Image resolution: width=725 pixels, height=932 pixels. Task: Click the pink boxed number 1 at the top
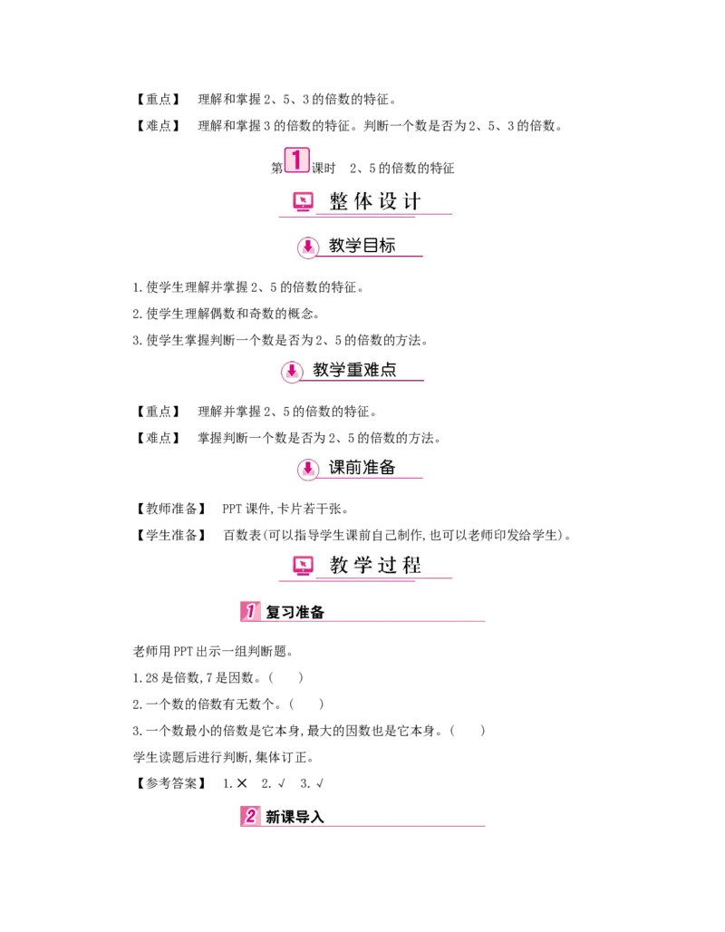(296, 160)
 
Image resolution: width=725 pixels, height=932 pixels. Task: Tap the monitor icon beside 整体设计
(302, 202)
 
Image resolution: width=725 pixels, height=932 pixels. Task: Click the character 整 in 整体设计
(340, 201)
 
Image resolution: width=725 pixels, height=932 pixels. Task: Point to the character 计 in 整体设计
(412, 201)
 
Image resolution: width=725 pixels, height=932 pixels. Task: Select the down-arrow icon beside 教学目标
(308, 247)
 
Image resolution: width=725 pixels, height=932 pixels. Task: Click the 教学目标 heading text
(362, 246)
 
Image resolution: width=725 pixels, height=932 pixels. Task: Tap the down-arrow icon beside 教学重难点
(291, 371)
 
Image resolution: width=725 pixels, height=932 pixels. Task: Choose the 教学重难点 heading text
(354, 370)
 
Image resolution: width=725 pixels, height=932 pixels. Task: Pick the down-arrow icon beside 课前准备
(308, 469)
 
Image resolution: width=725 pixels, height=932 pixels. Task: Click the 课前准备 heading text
(362, 468)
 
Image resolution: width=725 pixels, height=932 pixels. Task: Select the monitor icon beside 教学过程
(303, 566)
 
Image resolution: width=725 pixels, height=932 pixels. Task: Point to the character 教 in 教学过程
(340, 566)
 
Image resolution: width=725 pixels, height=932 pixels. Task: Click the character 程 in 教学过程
(412, 566)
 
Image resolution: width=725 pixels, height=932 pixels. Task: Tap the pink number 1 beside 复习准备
(249, 612)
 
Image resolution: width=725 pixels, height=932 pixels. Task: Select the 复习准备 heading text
(295, 613)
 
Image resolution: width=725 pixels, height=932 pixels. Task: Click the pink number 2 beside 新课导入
(249, 816)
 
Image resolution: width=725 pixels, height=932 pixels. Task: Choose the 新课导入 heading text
(295, 817)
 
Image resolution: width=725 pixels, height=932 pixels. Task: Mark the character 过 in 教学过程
(388, 566)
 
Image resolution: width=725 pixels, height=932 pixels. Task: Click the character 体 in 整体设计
(363, 201)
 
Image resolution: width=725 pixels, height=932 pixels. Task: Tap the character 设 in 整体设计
(388, 201)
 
